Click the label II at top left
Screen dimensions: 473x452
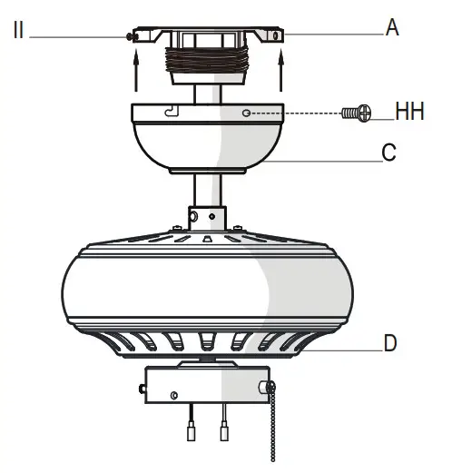tap(20, 30)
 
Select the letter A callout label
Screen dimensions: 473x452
tap(392, 27)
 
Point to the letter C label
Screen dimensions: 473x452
tap(388, 153)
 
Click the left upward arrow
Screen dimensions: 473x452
tap(135, 70)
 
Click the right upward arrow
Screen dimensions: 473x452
tap(281, 70)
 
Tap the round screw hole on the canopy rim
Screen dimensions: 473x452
tap(247, 113)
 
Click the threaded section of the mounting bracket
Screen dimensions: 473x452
tap(208, 69)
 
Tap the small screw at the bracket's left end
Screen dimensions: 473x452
tap(131, 36)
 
